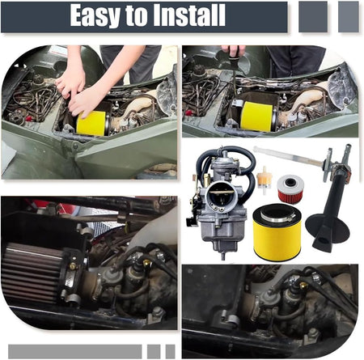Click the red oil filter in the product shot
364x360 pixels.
coord(290,188)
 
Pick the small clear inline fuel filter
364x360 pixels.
coord(265,180)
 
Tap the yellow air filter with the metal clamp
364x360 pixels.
coord(277,233)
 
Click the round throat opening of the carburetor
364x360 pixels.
coord(222,194)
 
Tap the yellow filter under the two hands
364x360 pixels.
coord(91,124)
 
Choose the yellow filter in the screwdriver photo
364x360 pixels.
coord(256,116)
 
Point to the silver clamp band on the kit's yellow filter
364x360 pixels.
coord(277,217)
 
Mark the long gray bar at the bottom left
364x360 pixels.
coord(75,351)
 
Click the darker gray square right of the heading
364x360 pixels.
coord(313,17)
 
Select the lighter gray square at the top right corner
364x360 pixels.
coord(349,17)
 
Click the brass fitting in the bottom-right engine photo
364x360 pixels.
coord(304,285)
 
